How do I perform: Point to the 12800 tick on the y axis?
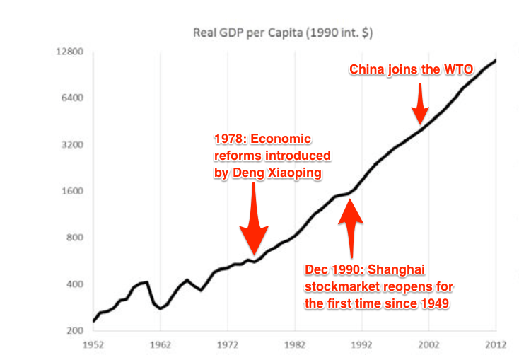pyautogui.click(x=70, y=52)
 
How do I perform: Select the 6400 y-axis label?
pyautogui.click(x=73, y=98)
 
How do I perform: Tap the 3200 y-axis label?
pyautogui.click(x=73, y=145)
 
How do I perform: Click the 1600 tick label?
pyautogui.click(x=73, y=191)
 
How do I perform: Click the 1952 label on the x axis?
pyautogui.click(x=94, y=345)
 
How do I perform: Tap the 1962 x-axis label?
pyautogui.click(x=161, y=345)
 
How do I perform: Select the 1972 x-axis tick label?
pyautogui.click(x=228, y=345)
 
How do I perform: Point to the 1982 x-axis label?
pyautogui.click(x=295, y=345)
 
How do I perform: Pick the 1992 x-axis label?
pyautogui.click(x=361, y=345)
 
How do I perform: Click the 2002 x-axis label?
pyautogui.click(x=428, y=345)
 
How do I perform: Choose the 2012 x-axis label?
pyautogui.click(x=495, y=345)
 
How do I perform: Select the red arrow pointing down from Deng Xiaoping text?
pyautogui.click(x=253, y=219)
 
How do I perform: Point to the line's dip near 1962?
pyautogui.click(x=161, y=308)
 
